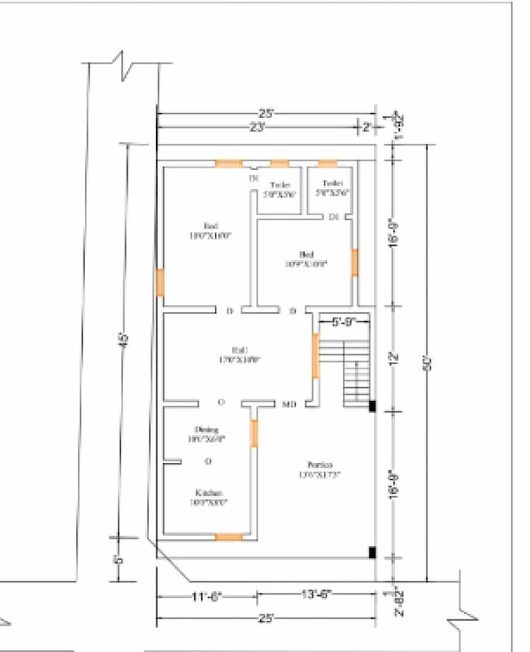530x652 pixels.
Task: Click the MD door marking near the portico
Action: [x=289, y=404]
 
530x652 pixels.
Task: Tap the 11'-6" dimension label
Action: [x=207, y=596]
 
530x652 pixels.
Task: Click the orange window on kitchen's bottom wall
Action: [x=228, y=537]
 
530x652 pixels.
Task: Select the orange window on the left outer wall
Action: [x=160, y=282]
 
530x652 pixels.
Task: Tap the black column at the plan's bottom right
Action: [x=372, y=552]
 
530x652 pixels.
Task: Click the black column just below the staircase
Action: [x=372, y=406]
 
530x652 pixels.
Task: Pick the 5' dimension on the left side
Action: [x=119, y=559]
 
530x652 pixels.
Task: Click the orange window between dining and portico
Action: [x=254, y=433]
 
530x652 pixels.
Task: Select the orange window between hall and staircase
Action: [x=315, y=355]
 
